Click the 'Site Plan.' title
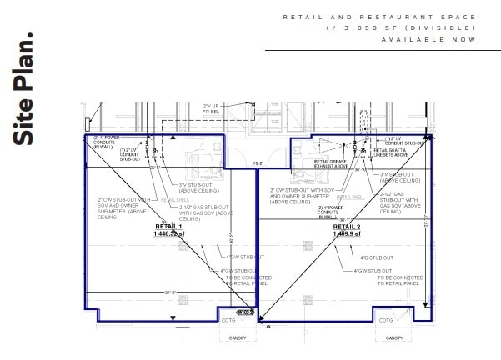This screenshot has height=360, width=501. pyautogui.click(x=25, y=90)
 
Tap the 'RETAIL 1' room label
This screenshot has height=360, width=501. pyautogui.click(x=168, y=227)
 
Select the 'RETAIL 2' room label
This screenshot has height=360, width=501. pyautogui.click(x=347, y=227)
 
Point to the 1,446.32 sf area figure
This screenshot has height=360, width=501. pyautogui.click(x=168, y=234)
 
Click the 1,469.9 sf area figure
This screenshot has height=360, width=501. pyautogui.click(x=347, y=234)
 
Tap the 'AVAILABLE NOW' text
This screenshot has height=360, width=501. pyautogui.click(x=429, y=39)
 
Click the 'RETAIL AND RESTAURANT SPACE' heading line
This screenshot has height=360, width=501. pyautogui.click(x=379, y=17)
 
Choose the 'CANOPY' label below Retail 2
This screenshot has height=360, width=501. pyautogui.click(x=393, y=337)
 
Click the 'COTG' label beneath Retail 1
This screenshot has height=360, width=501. pyautogui.click(x=228, y=321)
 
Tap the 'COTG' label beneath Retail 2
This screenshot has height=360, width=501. pyautogui.click(x=385, y=321)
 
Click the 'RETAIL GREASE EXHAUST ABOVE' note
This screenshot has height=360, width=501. pyautogui.click(x=331, y=163)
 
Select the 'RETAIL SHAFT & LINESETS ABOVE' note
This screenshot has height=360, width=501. pyautogui.click(x=391, y=152)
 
